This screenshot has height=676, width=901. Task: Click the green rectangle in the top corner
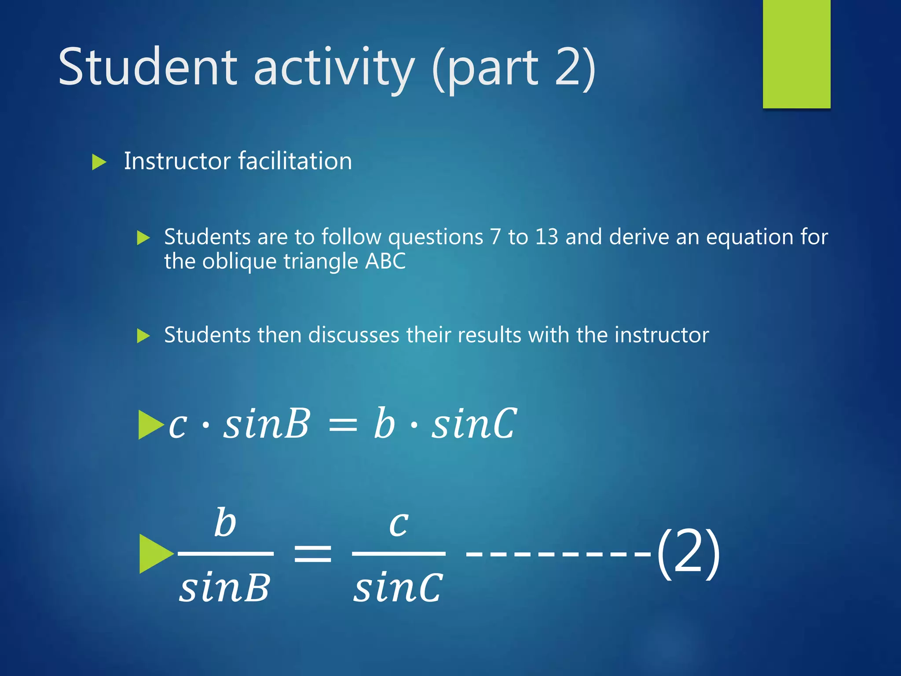tap(796, 54)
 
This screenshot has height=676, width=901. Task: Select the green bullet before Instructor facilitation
tap(99, 162)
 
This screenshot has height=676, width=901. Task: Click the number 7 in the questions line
tap(495, 237)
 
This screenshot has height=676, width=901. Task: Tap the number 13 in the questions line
tap(546, 237)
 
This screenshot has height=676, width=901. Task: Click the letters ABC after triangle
tap(385, 261)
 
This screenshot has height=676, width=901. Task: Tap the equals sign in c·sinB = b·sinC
tap(343, 425)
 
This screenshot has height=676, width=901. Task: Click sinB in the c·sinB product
tap(266, 423)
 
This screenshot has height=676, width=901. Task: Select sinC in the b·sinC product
tap(474, 423)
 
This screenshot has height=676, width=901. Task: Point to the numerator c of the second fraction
tap(399, 524)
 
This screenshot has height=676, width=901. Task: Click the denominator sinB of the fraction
tap(224, 588)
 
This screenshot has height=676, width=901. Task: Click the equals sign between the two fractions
tap(312, 553)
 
